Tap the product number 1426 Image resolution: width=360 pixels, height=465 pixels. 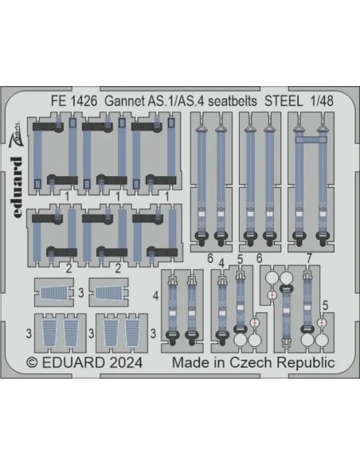pos(84,101)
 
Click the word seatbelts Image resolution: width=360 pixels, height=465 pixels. pos(233,101)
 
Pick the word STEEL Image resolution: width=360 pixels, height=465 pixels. pos(284,101)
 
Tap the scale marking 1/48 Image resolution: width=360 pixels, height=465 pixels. pos(322,101)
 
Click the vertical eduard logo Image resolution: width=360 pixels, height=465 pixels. pos(18,187)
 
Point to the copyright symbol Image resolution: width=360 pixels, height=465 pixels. pos(32,363)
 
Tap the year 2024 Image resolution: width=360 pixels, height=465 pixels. pos(126,363)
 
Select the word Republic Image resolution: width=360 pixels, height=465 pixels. pos(305,363)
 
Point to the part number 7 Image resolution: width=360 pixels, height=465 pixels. pos(309,259)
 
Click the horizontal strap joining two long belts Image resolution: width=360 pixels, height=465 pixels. pos(311,139)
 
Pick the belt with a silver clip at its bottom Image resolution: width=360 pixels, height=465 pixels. pos(286,315)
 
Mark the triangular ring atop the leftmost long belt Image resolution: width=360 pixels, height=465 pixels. pos(202,128)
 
